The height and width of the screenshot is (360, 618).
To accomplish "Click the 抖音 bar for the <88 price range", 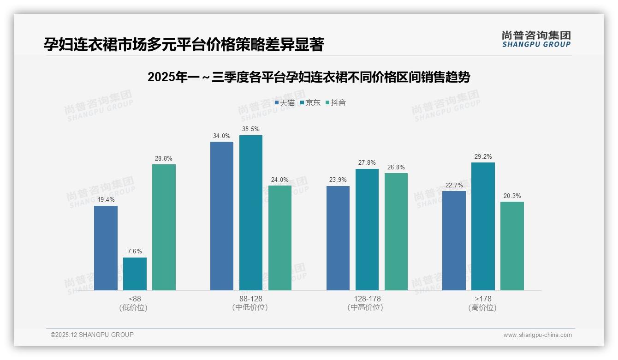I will (x=164, y=227).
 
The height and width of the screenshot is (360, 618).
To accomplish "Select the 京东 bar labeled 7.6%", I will (x=135, y=274).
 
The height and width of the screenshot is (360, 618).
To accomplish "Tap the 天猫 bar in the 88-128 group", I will (x=222, y=216).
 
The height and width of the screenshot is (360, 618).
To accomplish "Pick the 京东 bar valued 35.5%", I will (x=251, y=213).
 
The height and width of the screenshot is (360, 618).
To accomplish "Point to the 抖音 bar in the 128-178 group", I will (x=396, y=232).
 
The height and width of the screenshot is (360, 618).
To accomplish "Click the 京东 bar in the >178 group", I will (x=483, y=226).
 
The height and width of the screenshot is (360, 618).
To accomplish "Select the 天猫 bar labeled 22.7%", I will (x=454, y=240).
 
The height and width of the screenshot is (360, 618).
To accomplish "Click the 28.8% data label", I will (x=164, y=158).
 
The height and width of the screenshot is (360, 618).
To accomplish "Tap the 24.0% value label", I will (x=280, y=180).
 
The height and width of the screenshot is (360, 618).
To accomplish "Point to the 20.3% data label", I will (x=512, y=196).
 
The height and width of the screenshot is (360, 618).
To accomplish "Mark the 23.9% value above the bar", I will (x=338, y=180).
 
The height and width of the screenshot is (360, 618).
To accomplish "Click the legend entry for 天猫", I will (x=285, y=102).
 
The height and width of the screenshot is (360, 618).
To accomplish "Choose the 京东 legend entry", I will (x=310, y=102).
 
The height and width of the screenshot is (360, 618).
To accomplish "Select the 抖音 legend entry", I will (x=336, y=102).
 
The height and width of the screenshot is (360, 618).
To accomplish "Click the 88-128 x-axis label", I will (x=250, y=299).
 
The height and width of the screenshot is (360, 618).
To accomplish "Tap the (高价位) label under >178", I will (x=482, y=307).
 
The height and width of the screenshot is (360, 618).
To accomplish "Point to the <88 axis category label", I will (x=135, y=299).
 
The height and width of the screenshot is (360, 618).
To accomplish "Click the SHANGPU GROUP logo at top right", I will (x=536, y=39).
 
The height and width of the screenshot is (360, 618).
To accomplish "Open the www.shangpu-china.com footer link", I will (x=537, y=335).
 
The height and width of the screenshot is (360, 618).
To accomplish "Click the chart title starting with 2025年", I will (x=309, y=77).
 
